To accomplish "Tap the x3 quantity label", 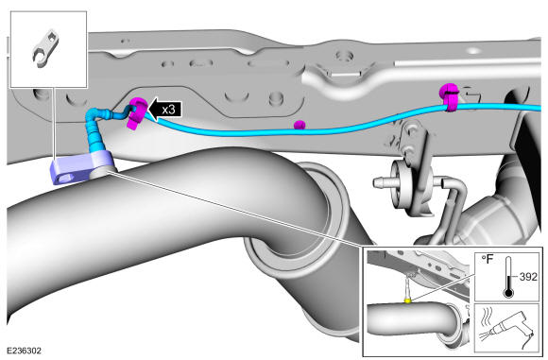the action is tap(168, 110).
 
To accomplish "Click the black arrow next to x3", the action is tap(165, 109).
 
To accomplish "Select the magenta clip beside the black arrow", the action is tap(137, 112).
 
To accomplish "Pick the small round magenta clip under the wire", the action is tap(300, 125).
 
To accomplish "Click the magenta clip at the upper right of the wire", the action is tap(450, 96).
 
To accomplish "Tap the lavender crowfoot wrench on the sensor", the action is tap(81, 167).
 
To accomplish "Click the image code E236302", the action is tap(25, 351).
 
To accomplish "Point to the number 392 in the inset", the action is tap(528, 277).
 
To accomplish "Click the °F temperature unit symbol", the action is tap(488, 260).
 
